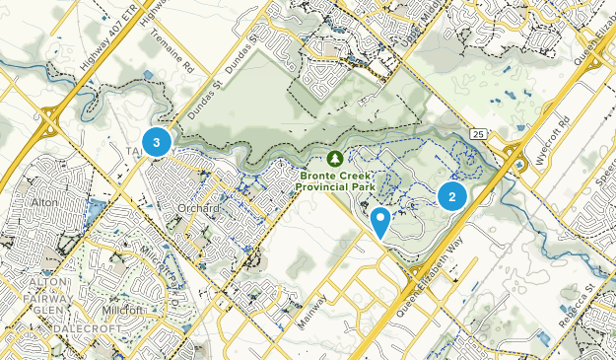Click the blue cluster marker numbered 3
pos(156,142)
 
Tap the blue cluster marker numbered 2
pos(451,195)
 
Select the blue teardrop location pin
pos(380,222)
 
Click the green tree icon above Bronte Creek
pos(335,158)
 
